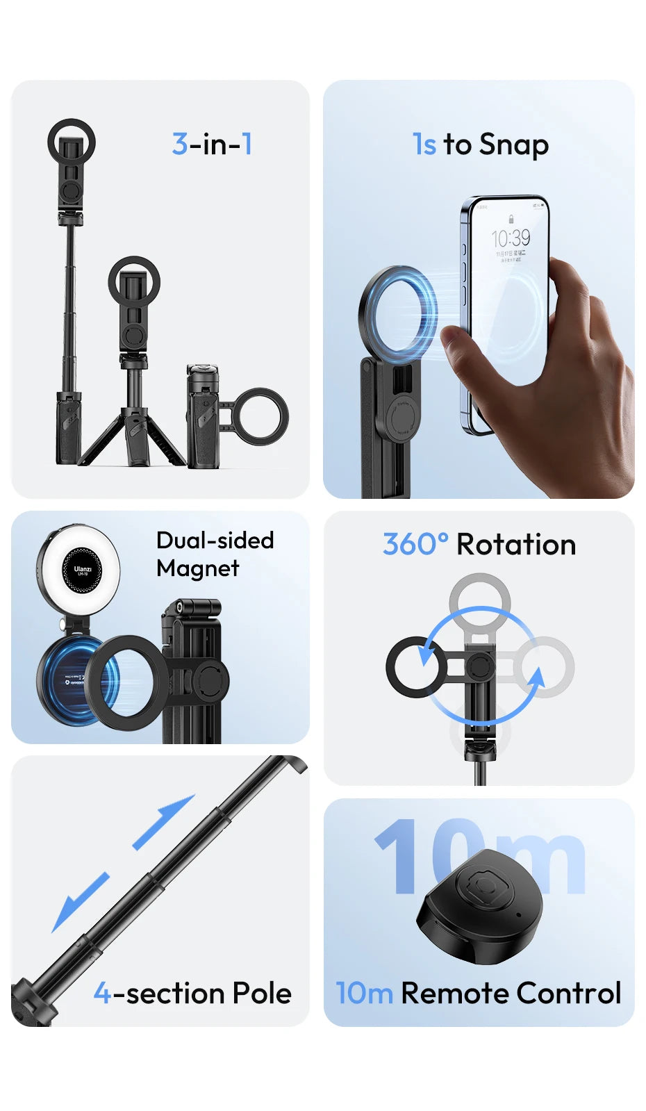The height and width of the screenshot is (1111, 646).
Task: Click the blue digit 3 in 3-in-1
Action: pos(180,145)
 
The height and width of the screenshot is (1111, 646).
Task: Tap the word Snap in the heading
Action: pos(513,145)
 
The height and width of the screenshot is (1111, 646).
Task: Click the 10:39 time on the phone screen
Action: pos(511,238)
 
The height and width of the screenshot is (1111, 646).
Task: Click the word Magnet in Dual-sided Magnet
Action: pos(198,568)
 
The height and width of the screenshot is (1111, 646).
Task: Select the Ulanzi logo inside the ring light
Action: pos(83,570)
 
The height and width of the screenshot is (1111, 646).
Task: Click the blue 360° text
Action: pos(415,545)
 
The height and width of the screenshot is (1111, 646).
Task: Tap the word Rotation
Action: pos(516,545)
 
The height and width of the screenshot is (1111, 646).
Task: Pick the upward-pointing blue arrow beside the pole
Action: pos(164,821)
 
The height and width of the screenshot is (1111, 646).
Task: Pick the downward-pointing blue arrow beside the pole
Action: pos(80,902)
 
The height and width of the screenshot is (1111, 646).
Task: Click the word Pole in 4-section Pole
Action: pos(262,994)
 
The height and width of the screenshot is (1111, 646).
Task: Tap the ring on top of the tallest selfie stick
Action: pos(72,142)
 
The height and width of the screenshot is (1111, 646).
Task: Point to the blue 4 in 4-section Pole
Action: pos(102,994)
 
